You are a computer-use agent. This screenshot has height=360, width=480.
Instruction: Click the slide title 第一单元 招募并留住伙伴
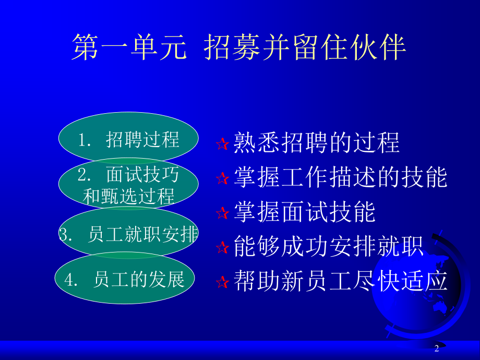pos(238,48)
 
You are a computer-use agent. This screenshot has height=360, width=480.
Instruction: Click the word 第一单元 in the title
pos(128,48)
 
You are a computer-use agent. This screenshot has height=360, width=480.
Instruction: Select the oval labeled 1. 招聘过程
pos(128,139)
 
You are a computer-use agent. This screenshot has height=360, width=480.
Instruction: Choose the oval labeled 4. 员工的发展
pos(125,280)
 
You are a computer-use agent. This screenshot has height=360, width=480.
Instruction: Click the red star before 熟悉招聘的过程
pos(222,145)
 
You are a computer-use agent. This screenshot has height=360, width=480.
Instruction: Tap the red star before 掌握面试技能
pos(222,213)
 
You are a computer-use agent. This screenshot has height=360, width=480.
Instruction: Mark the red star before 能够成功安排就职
pos(222,248)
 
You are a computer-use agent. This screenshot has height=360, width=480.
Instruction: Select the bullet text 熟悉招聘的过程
pos(317,142)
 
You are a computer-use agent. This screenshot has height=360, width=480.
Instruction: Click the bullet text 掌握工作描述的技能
pos(341,177)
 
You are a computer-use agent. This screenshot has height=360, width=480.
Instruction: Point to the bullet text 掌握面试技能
pos(305,212)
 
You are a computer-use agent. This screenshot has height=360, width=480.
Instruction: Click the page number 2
pos(437,349)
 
